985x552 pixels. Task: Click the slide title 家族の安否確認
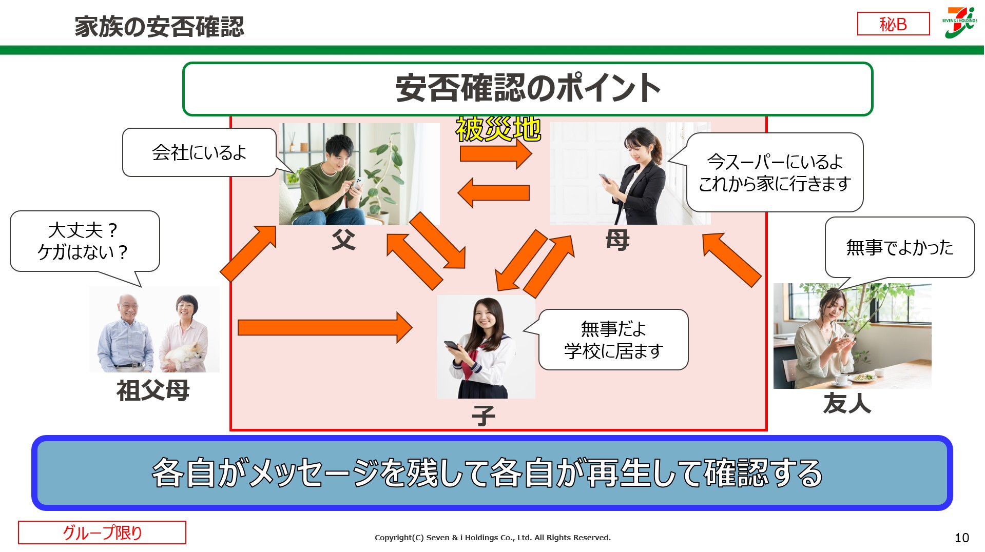point(159,27)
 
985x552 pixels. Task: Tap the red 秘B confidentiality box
point(893,24)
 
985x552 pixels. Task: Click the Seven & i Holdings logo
point(959,23)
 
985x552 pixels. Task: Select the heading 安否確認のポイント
point(527,89)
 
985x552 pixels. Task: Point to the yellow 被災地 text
point(498,129)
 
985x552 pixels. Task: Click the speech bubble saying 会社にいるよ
point(199,152)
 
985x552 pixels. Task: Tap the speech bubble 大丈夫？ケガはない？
point(84,241)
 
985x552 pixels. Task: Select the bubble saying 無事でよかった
point(899,247)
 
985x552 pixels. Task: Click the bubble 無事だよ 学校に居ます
point(613,340)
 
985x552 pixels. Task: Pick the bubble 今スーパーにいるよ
point(775,172)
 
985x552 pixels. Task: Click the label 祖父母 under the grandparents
point(153,391)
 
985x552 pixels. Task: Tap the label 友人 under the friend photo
point(847,403)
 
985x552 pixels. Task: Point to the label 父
point(343,240)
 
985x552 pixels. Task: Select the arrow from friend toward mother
point(732,260)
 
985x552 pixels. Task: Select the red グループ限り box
point(102,533)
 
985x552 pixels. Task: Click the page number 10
point(961,538)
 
